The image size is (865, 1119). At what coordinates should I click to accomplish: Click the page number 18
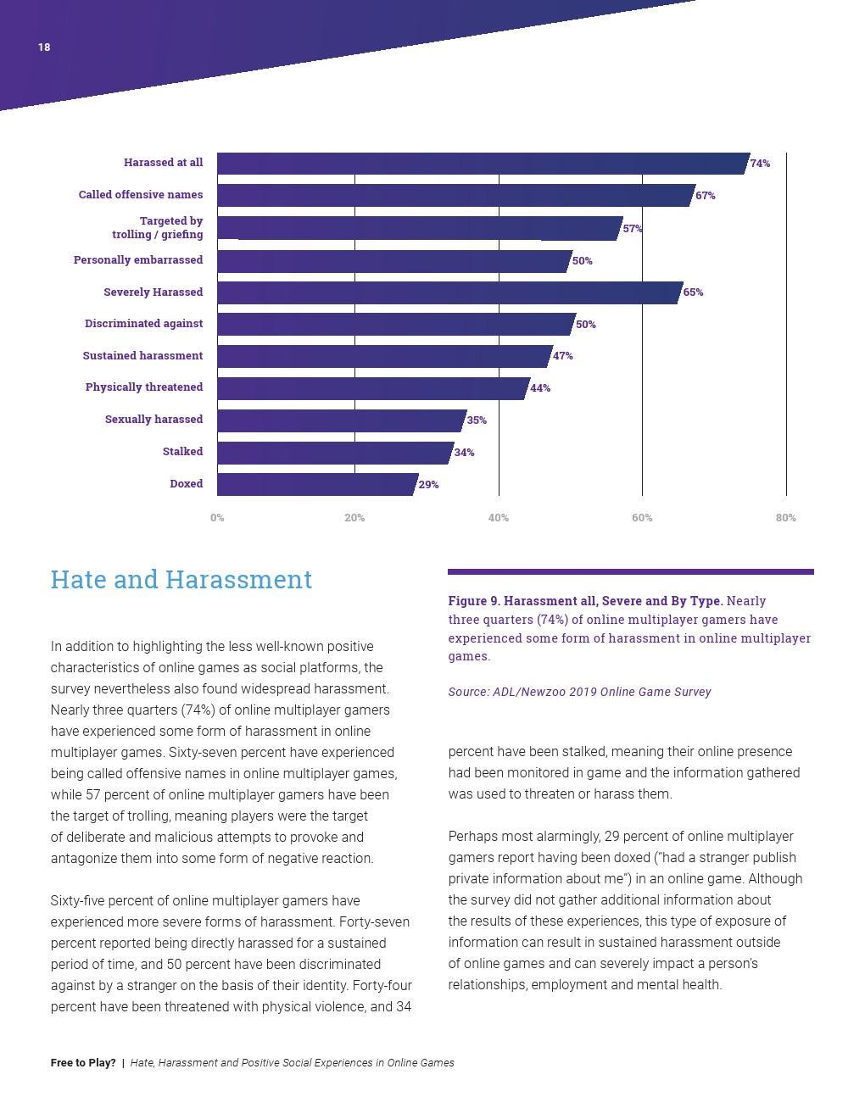point(44,47)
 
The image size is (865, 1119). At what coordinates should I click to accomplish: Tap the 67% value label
point(705,196)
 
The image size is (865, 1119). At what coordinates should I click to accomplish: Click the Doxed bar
point(316,485)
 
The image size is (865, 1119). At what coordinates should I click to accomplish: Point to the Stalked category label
point(182,452)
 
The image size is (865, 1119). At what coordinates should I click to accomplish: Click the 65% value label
point(693,292)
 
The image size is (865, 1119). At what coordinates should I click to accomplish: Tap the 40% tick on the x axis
point(499,518)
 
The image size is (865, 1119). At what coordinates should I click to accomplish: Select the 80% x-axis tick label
point(785,518)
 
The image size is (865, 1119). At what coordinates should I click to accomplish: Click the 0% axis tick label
point(217,518)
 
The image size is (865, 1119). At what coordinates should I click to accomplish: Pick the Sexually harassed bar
point(340,420)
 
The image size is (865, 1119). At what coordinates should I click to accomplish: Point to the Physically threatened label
point(144,387)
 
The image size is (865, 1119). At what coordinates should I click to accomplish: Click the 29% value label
point(428,485)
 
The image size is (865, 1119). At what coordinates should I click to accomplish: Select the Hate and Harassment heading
point(181,580)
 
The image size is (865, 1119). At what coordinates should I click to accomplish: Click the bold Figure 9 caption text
point(585,601)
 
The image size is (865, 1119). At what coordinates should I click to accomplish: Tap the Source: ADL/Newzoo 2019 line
point(579,692)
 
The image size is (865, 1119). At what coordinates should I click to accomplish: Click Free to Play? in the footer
point(83,1063)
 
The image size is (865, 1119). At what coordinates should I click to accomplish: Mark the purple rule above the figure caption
point(630,572)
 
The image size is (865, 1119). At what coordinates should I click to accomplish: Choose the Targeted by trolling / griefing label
point(158,228)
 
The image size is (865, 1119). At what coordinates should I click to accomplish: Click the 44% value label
point(540,388)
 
